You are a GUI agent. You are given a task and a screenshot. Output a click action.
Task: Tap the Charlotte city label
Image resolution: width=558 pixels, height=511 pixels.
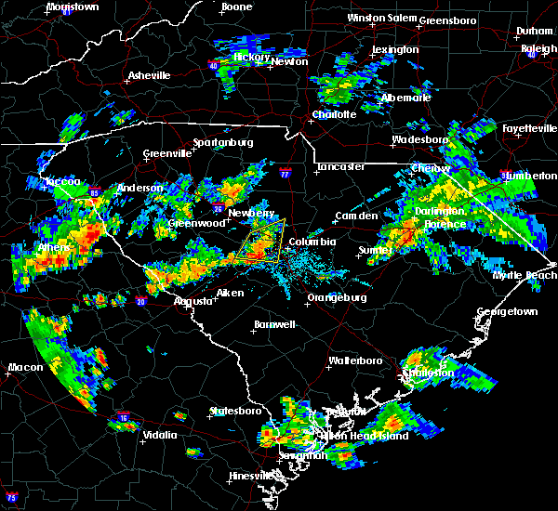[334, 114]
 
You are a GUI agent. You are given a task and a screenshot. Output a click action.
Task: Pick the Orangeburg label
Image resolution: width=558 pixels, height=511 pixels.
[337, 298]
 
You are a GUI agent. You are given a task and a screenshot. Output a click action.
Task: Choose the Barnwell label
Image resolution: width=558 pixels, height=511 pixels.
[274, 324]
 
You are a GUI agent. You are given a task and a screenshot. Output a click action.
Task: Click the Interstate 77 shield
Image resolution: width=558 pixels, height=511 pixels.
[286, 172]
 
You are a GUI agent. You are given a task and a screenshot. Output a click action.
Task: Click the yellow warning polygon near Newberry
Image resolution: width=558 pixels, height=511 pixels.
[261, 241]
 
